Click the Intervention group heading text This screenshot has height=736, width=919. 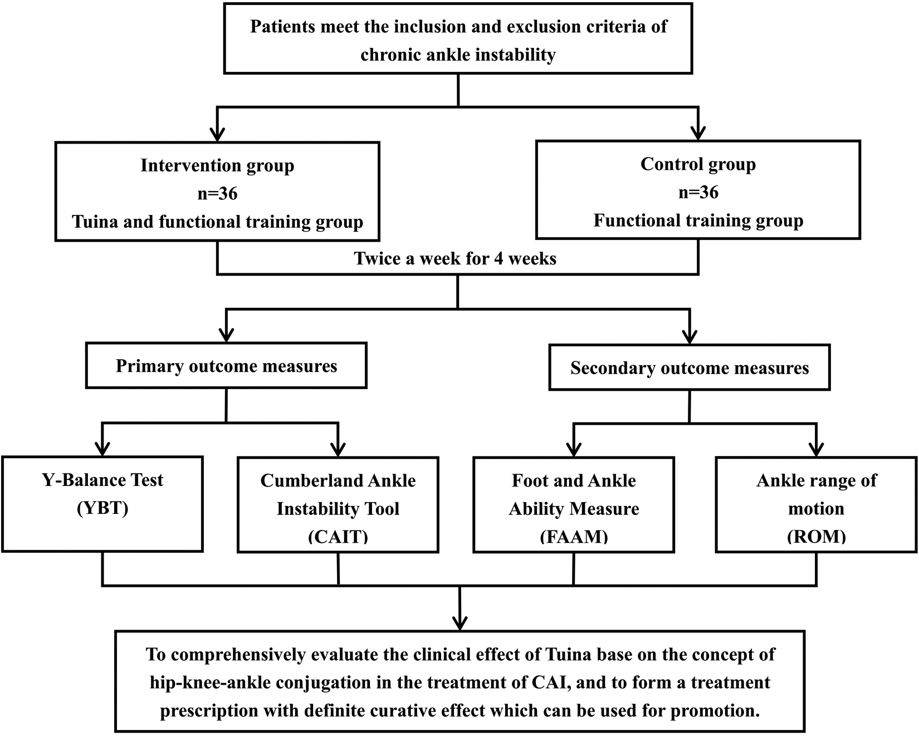coord(217,165)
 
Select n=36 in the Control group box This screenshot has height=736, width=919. coord(698,193)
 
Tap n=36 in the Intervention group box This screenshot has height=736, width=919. coord(217,194)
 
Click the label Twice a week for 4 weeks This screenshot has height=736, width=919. coord(455,259)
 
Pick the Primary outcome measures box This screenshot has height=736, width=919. coord(226,366)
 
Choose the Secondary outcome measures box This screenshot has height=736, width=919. coord(690,368)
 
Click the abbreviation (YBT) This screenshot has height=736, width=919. coord(102,508)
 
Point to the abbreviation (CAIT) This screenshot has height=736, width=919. coord(338,537)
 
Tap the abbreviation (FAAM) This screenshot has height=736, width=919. coord(574,537)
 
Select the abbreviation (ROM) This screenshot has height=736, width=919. coord(816,537)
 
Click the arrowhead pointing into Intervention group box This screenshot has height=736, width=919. coord(217,134)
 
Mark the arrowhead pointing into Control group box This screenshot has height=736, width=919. coord(698,133)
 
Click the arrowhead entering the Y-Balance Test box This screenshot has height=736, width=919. coord(102,449)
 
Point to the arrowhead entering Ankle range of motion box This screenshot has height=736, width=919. coord(816,449)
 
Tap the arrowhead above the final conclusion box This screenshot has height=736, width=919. coord(459,622)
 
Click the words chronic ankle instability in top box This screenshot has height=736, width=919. coord(458,55)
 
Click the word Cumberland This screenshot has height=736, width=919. coord(296,480)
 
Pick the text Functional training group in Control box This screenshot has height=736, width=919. coord(698,221)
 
